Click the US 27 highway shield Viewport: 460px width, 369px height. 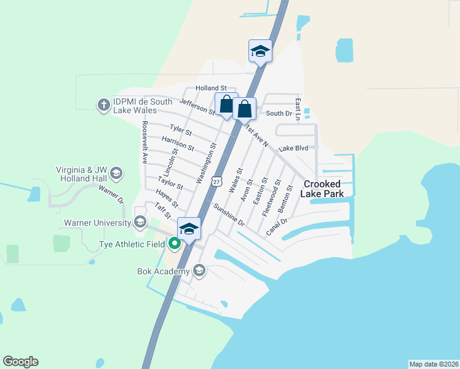click(216, 181)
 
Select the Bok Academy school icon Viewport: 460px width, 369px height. click(199, 270)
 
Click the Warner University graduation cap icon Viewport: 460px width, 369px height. click(140, 222)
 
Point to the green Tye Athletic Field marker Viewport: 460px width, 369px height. click(175, 244)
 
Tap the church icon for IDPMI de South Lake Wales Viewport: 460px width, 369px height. click(103, 105)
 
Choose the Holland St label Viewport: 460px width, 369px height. click(211, 89)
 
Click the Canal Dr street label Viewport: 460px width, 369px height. click(277, 227)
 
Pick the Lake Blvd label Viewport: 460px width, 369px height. click(293, 148)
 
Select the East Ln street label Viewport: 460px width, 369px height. click(298, 109)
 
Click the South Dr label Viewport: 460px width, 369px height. click(279, 113)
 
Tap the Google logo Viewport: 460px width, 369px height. click(20, 362)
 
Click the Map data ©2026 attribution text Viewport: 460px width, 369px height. click(434, 364)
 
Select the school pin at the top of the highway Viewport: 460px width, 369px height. click(260, 51)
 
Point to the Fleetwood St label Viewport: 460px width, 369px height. click(271, 197)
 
